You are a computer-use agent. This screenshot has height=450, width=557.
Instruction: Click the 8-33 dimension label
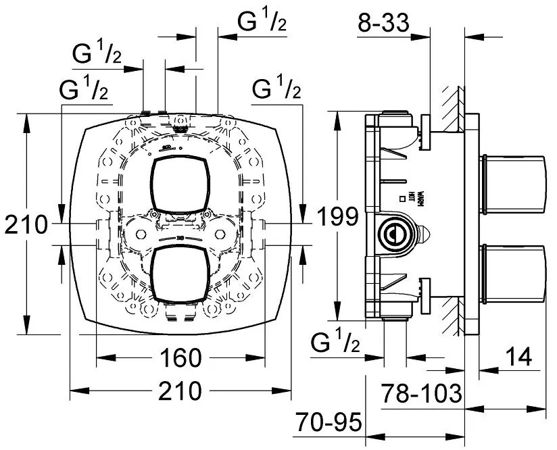pos(383,24)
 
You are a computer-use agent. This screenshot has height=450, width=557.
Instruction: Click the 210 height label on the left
pos(25,224)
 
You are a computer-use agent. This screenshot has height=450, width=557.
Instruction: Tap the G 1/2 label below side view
pos(336,344)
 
